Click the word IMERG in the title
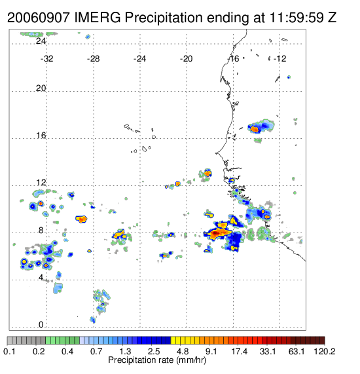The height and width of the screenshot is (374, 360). click(x=98, y=18)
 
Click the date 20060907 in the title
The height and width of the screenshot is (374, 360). click(x=39, y=18)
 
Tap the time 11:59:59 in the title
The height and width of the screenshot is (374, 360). click(x=297, y=18)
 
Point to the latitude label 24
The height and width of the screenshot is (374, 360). click(x=41, y=41)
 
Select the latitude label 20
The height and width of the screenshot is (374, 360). click(x=41, y=88)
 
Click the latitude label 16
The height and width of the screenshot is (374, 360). click(x=41, y=136)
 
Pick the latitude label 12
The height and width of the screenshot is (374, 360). click(x=41, y=183)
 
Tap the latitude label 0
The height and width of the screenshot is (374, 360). click(x=41, y=325)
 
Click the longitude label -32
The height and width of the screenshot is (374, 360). click(x=46, y=59)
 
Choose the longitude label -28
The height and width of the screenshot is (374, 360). click(x=93, y=59)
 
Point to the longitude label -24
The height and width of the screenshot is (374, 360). click(x=139, y=59)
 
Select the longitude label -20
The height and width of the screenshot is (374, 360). click(x=186, y=59)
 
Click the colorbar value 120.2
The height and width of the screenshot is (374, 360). click(x=325, y=351)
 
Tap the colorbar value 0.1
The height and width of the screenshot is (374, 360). click(x=9, y=351)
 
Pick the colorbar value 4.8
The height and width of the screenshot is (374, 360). click(x=183, y=351)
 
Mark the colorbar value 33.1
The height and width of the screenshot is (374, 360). click(x=268, y=351)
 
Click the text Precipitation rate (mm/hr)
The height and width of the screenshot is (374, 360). click(x=157, y=360)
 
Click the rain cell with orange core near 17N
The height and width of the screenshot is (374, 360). click(x=255, y=129)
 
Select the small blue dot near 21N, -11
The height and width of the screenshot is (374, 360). click(x=289, y=77)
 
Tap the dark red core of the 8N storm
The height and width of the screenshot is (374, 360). click(x=215, y=233)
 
